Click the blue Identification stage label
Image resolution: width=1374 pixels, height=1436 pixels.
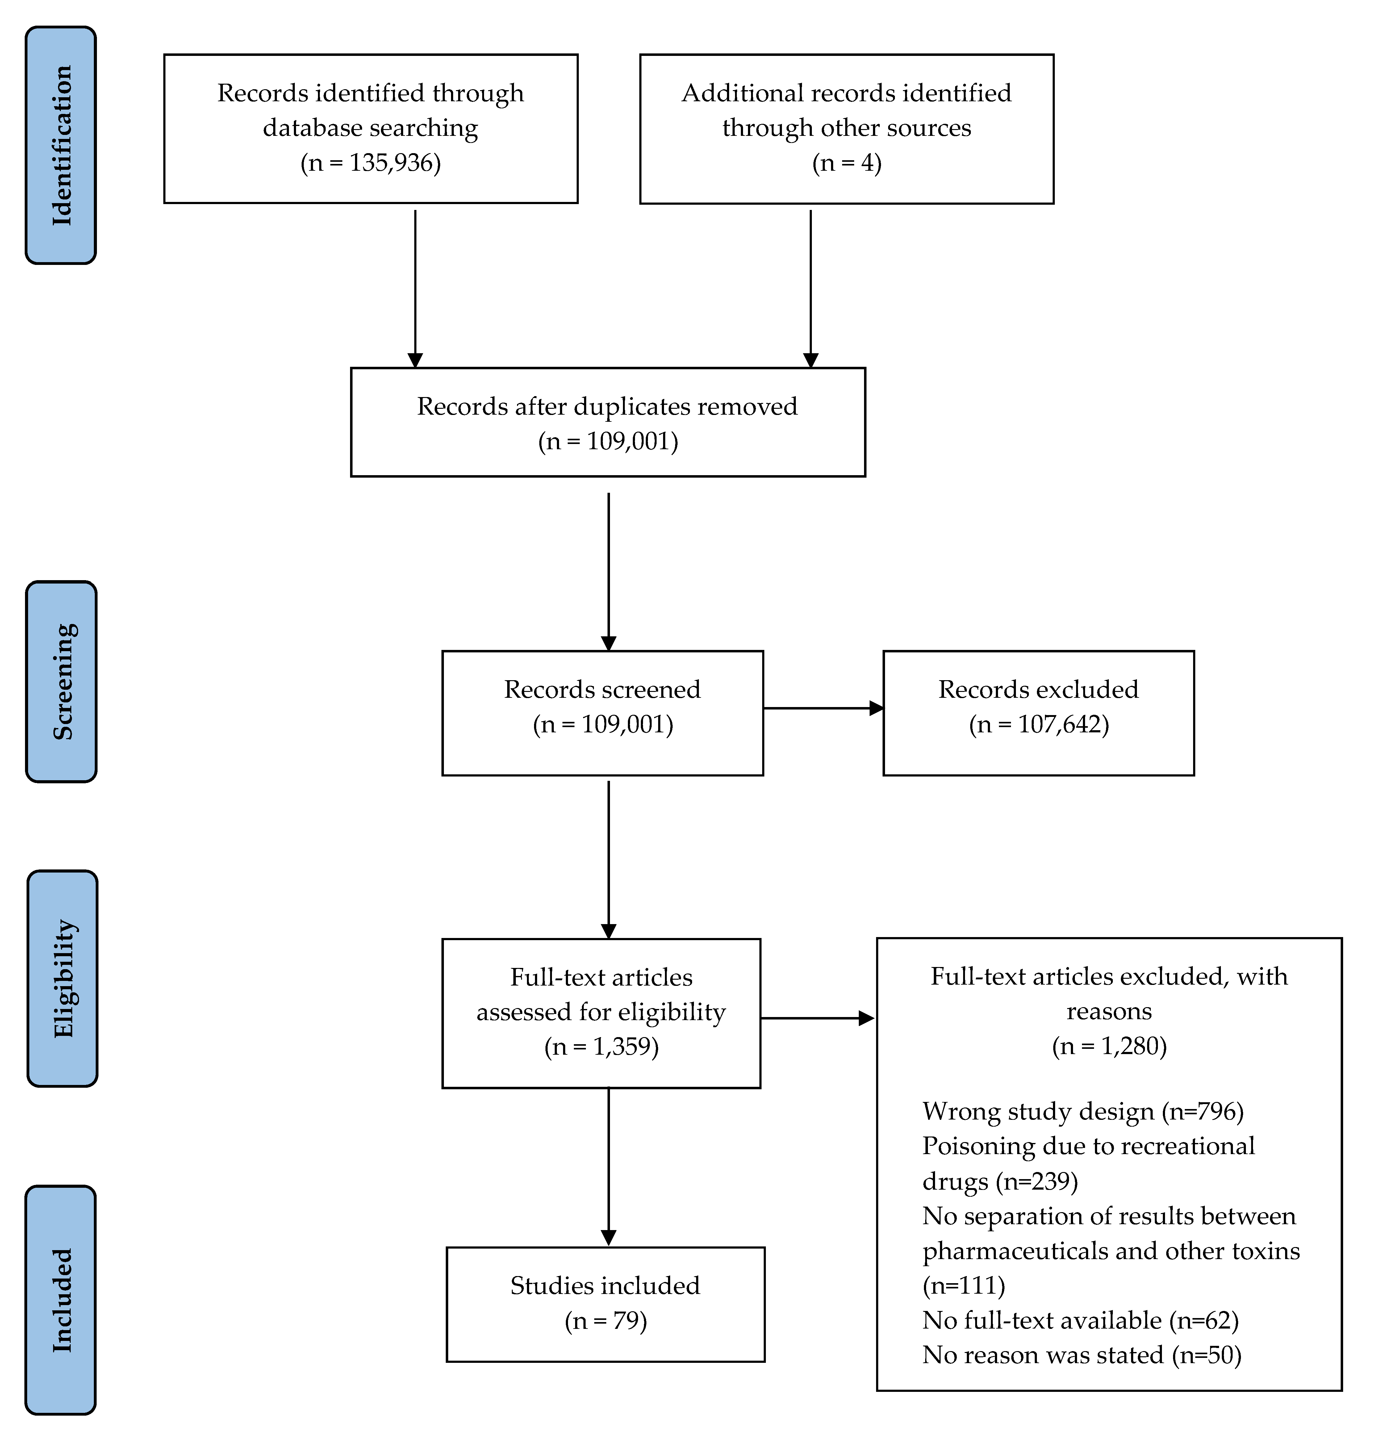[61, 145]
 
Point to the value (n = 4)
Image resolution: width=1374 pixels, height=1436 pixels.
[847, 163]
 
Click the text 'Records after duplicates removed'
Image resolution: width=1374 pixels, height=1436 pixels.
[607, 407]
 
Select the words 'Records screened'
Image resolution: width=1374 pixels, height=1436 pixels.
[602, 689]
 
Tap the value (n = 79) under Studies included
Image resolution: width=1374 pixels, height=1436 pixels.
[606, 1320]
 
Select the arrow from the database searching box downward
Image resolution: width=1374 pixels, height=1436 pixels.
[415, 289]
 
